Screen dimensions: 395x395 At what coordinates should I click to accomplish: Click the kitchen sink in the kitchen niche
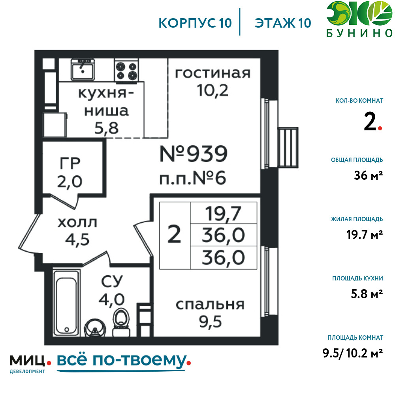(x=83, y=70)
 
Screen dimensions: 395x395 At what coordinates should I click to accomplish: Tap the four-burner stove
(x=126, y=71)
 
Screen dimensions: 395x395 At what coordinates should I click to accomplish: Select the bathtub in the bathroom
(x=66, y=303)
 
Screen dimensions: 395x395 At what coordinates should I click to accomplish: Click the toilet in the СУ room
(x=121, y=322)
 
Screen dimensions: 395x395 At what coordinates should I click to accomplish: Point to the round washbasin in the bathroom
(x=94, y=328)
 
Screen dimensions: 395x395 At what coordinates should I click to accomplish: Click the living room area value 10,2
(x=213, y=90)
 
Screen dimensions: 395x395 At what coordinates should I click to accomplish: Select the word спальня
(x=210, y=305)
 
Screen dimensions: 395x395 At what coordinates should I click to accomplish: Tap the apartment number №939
(x=194, y=154)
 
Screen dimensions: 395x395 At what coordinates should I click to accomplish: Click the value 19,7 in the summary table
(x=223, y=214)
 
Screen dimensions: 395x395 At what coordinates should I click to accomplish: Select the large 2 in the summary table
(x=174, y=234)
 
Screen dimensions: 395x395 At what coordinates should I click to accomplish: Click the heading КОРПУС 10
(x=195, y=23)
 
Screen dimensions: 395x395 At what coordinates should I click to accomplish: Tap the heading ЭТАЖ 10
(x=283, y=23)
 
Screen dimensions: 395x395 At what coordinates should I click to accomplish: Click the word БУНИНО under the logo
(x=359, y=33)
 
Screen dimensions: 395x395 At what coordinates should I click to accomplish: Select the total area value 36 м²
(x=368, y=175)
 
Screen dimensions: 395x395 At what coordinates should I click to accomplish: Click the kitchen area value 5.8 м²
(x=367, y=294)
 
